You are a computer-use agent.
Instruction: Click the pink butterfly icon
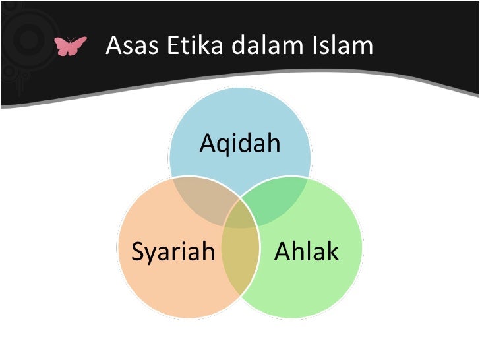click(71, 46)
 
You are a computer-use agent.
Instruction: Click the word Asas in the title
click(132, 45)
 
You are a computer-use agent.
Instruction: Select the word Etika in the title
click(195, 45)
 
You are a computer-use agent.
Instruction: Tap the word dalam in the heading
click(267, 45)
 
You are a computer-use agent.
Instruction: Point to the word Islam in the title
click(343, 45)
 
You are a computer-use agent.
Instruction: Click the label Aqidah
click(240, 142)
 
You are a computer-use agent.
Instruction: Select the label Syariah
click(173, 252)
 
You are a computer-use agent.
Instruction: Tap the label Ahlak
click(307, 251)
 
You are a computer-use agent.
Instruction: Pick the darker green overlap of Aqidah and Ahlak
click(276, 199)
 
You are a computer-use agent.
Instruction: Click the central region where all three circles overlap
click(240, 216)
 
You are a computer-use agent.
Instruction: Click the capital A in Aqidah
click(209, 142)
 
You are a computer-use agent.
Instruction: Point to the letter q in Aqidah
click(227, 146)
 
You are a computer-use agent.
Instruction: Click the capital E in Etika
click(173, 45)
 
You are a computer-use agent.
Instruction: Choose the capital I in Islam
click(315, 45)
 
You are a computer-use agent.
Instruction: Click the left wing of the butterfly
click(62, 46)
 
